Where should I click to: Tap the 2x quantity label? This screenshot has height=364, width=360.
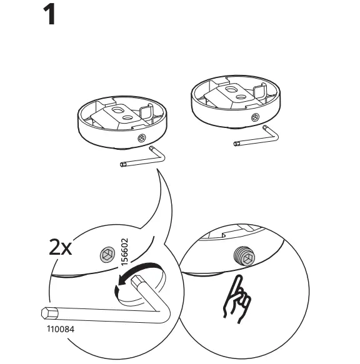[61, 248]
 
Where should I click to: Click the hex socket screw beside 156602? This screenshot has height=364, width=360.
[107, 253]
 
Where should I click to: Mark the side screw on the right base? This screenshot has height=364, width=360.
[255, 117]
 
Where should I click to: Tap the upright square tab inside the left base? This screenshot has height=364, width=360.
[146, 112]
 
